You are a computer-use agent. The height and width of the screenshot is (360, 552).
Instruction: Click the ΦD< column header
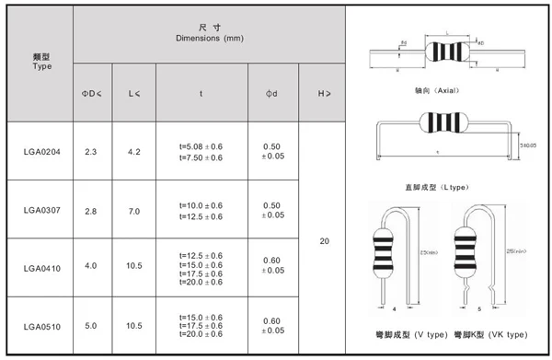click(x=91, y=93)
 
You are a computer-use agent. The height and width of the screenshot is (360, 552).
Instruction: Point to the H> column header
click(x=324, y=93)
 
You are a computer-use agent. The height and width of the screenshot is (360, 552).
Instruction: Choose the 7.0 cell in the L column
click(x=134, y=211)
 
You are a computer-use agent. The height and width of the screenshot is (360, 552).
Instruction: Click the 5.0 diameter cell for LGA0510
click(x=91, y=326)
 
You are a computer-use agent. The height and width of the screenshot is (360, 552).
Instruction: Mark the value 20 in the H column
click(x=324, y=241)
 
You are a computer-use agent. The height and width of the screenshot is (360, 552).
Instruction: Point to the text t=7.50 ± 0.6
click(x=200, y=157)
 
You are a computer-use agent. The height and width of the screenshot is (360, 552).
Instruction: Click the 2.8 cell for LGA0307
click(x=91, y=211)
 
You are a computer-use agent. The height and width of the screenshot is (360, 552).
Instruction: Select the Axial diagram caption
click(x=437, y=92)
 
